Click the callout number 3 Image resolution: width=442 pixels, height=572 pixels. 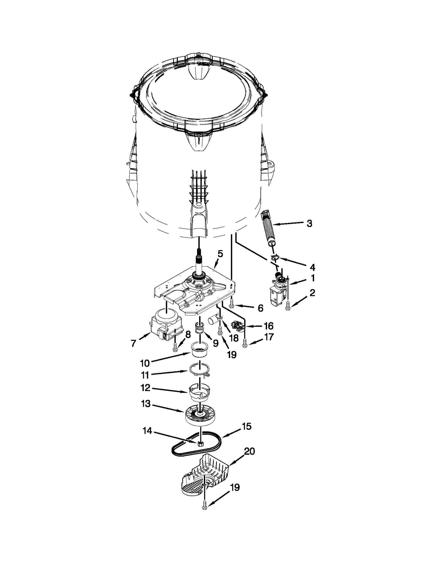coord(309,223)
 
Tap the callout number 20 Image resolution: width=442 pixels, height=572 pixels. coord(249,452)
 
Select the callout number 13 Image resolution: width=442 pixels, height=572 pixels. coord(146,404)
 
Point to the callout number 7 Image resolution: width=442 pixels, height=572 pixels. coord(133,343)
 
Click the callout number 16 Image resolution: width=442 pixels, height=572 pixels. coord(268,326)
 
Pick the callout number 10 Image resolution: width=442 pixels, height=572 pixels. coord(145,363)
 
